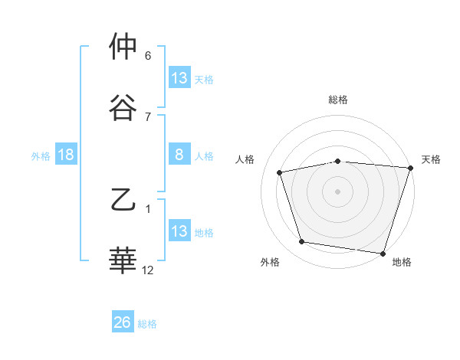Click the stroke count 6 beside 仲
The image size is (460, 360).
148,56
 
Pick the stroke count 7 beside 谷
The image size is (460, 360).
148,116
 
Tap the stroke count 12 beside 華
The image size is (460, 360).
148,270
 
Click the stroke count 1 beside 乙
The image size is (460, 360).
148,208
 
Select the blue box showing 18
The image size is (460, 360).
66,155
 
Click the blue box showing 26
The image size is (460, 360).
123,322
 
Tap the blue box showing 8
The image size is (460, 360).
179,155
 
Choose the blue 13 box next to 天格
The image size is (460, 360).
179,78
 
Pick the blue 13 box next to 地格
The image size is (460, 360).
179,231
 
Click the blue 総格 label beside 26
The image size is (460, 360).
147,324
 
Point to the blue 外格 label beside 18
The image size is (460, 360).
41,155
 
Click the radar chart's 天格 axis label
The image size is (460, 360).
431,159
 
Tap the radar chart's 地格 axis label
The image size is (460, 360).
402,262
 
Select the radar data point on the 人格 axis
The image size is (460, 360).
280,172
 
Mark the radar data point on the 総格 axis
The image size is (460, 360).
338,161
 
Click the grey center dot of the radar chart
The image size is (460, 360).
338,191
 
